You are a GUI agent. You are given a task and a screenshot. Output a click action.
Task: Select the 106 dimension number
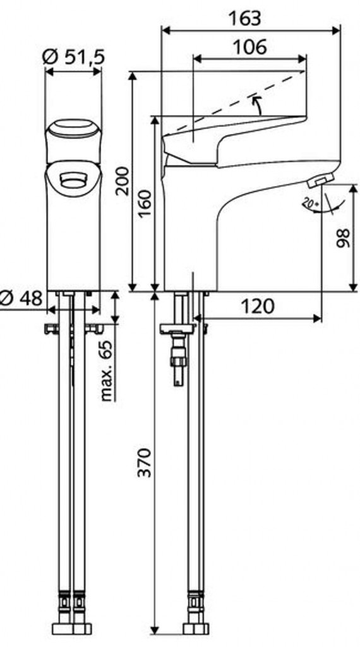pos(250,47)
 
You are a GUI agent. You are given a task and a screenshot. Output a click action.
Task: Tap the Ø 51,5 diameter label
pos(74,56)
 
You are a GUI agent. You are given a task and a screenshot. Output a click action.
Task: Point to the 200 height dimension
pos(123,181)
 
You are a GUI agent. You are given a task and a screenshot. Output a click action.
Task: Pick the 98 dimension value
pos(343,238)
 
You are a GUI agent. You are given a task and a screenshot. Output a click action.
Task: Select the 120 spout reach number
pos(257,306)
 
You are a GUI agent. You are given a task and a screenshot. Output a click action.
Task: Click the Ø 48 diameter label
pos(21,298)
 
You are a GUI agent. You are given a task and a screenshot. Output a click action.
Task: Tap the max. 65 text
pos(107,370)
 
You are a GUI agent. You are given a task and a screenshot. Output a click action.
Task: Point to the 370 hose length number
pos(145,462)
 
